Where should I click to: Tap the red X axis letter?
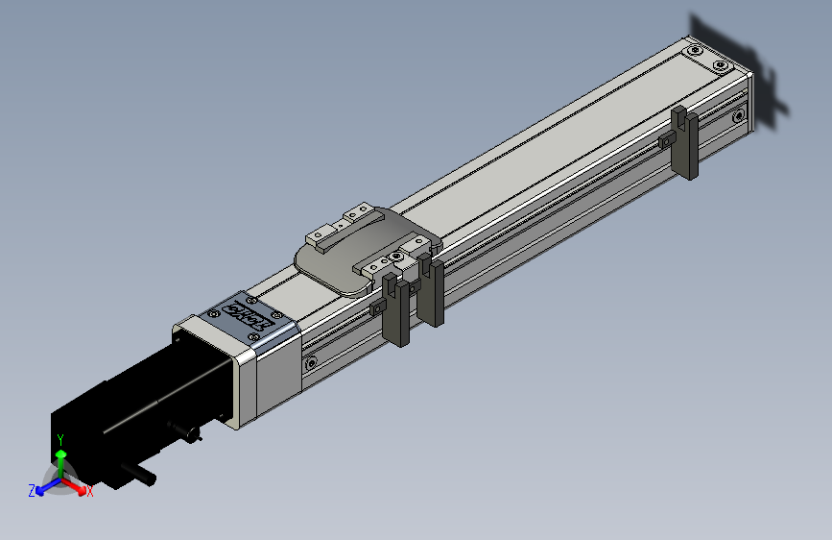coord(90,492)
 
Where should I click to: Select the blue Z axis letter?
coord(32,490)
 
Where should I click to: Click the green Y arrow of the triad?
coord(60,459)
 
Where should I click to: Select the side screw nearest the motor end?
coord(310,363)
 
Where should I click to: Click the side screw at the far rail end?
coord(738,116)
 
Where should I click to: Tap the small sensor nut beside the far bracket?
coord(664,141)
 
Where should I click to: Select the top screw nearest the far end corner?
coord(721,65)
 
